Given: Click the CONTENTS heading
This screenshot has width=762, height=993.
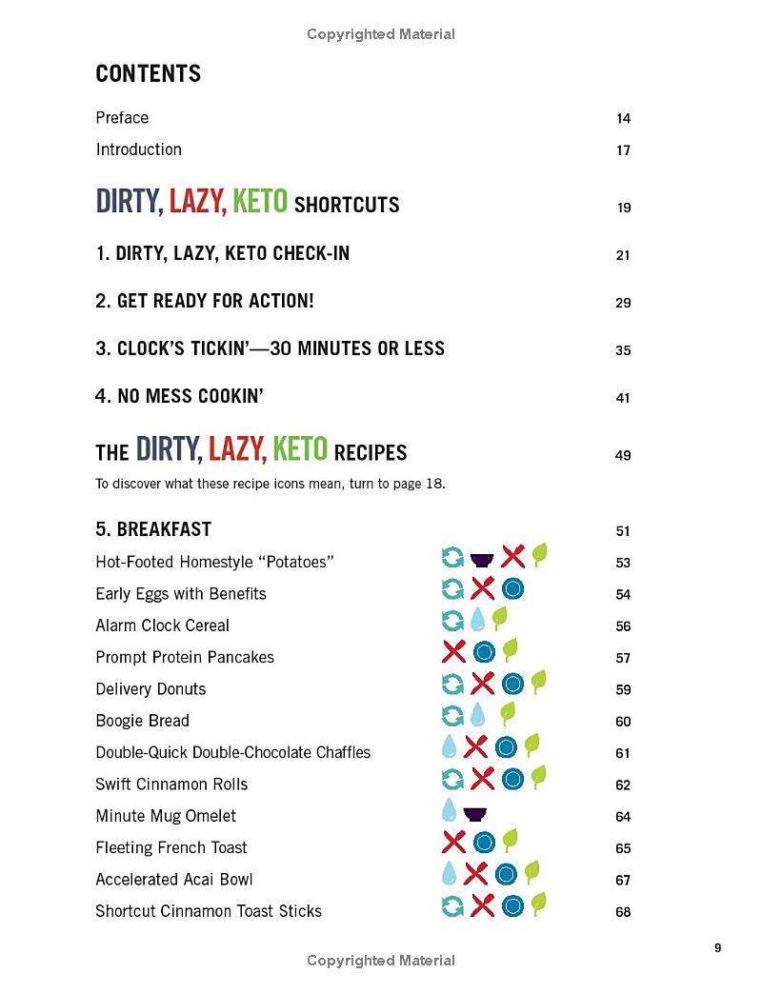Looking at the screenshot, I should tap(148, 74).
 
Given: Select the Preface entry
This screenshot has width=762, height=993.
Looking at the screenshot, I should tap(122, 118).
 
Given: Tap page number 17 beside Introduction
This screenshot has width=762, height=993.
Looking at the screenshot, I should tap(623, 150).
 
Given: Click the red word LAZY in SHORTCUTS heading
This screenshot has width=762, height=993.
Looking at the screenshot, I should tap(197, 203).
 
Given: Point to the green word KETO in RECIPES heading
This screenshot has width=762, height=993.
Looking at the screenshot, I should tap(300, 449).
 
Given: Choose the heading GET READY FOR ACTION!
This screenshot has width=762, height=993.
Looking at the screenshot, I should tap(204, 302).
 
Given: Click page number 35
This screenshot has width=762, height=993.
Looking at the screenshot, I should tap(623, 350).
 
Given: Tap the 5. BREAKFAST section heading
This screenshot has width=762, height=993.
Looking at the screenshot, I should tap(153, 529).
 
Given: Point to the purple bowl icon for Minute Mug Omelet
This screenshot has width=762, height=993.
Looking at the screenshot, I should tap(473, 814).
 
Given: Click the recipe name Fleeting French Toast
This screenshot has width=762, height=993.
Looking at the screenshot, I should tap(171, 847).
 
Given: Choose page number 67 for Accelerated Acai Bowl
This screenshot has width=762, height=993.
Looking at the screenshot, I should tap(623, 881).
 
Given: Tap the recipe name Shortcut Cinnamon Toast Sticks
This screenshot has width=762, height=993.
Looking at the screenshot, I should tap(209, 911).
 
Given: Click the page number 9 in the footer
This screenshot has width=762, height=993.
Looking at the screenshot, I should tap(717, 948).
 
